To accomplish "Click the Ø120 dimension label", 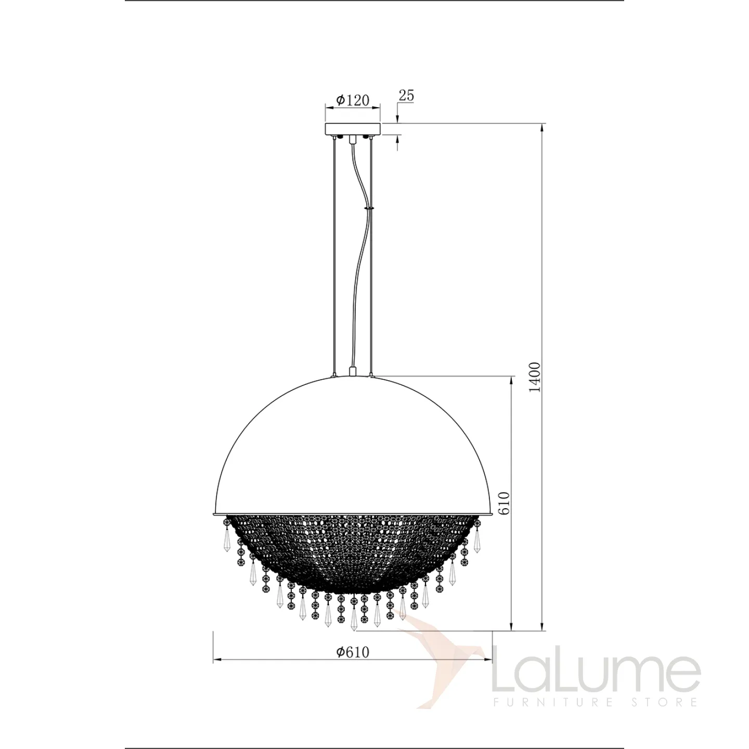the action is [353, 101].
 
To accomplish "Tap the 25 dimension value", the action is [407, 96].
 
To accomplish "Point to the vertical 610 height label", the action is [503, 503].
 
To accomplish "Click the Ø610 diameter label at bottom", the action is [353, 652].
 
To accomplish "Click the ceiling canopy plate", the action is [353, 129].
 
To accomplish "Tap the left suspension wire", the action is [334, 256].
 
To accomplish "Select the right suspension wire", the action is [371, 256].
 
